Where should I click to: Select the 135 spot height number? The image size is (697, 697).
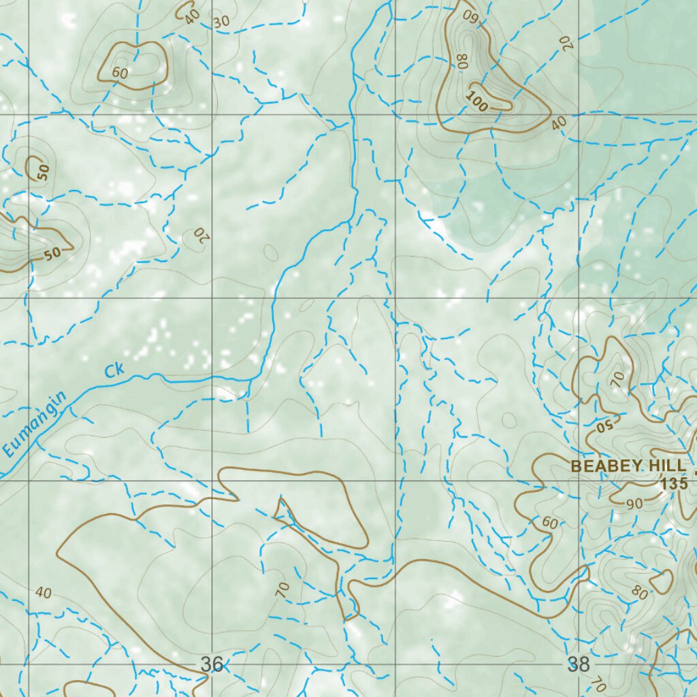pos(672,485)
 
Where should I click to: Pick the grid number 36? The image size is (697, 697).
pos(212,664)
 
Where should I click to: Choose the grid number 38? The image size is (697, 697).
pos(579,664)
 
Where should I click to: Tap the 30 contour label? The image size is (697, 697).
pos(221,22)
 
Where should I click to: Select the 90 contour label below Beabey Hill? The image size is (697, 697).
pos(634,504)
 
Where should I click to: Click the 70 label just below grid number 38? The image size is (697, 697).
pos(598,683)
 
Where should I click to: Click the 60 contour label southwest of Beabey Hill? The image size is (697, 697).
pos(550,523)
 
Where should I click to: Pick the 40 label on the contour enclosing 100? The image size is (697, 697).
pos(560,123)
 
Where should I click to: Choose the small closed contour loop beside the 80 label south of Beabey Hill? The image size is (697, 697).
pos(661,582)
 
